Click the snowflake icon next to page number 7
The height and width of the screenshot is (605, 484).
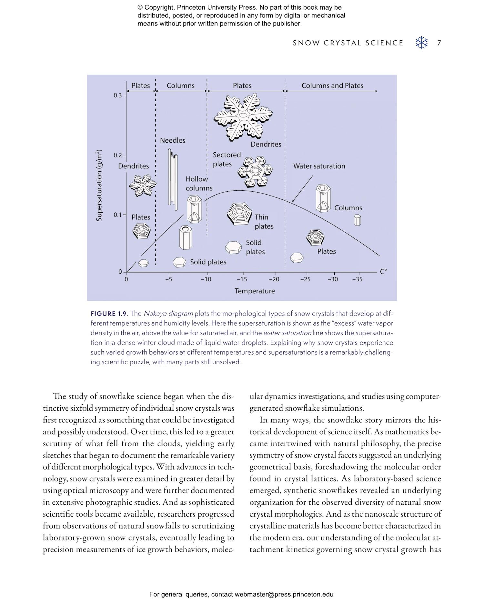click(x=421, y=43)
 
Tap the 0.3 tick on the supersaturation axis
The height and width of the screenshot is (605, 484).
click(x=118, y=96)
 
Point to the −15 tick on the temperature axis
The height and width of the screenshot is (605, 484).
click(x=242, y=279)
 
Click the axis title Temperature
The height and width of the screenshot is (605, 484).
click(x=255, y=291)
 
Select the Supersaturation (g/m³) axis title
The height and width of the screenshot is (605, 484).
click(x=99, y=185)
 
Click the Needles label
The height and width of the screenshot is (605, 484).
click(x=173, y=140)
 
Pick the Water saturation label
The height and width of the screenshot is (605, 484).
click(x=319, y=166)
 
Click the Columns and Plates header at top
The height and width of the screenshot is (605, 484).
click(x=332, y=86)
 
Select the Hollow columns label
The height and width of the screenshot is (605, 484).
click(x=198, y=184)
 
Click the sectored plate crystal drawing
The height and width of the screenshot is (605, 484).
click(x=255, y=172)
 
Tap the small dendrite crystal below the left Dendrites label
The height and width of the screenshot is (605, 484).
click(x=142, y=185)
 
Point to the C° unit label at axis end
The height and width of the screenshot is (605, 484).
click(x=383, y=272)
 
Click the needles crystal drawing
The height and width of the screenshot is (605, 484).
click(x=173, y=179)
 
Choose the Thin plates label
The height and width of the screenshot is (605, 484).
click(x=264, y=222)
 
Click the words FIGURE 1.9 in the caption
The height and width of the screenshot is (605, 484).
click(x=109, y=314)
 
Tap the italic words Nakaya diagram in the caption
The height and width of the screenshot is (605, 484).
click(x=168, y=314)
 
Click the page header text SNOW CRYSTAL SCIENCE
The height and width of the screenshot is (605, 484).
click(x=348, y=43)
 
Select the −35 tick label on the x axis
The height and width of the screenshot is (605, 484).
click(x=357, y=279)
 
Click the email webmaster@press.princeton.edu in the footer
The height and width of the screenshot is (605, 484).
click(x=284, y=594)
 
